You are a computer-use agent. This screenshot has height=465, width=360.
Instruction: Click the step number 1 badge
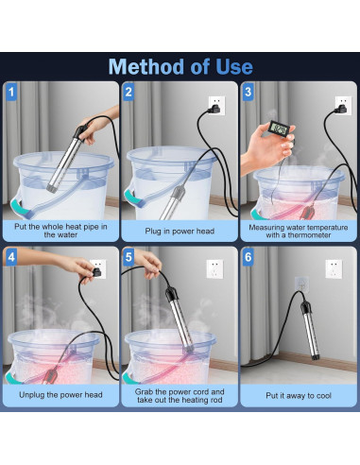(11, 92)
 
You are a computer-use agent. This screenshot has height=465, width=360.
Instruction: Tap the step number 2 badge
(129, 92)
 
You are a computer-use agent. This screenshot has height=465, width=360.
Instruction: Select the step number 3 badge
(249, 92)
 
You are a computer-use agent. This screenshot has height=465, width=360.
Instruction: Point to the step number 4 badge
(11, 257)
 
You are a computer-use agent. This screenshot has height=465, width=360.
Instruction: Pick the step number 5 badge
(129, 257)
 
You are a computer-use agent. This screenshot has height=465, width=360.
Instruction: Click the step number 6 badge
(249, 257)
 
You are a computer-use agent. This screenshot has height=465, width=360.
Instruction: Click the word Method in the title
(146, 66)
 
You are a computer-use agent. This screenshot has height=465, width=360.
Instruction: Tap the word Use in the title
(234, 67)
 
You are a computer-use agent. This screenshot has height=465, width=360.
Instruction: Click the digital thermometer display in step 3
(279, 129)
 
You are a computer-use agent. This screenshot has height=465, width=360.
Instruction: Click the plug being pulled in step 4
(96, 272)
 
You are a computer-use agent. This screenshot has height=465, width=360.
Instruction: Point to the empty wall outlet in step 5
(214, 268)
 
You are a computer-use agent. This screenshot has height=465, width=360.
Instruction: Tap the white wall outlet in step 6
(334, 268)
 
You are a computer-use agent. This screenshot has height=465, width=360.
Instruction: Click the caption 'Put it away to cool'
(299, 396)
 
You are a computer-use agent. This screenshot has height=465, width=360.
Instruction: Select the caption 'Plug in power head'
(180, 232)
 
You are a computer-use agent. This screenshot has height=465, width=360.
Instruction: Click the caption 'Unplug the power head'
(60, 395)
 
